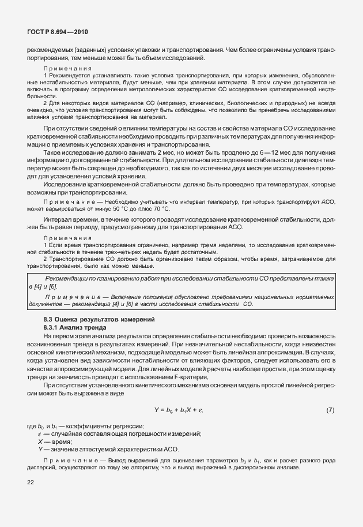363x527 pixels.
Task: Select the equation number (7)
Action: (330, 410)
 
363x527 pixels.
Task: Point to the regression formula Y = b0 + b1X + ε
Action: (179, 410)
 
